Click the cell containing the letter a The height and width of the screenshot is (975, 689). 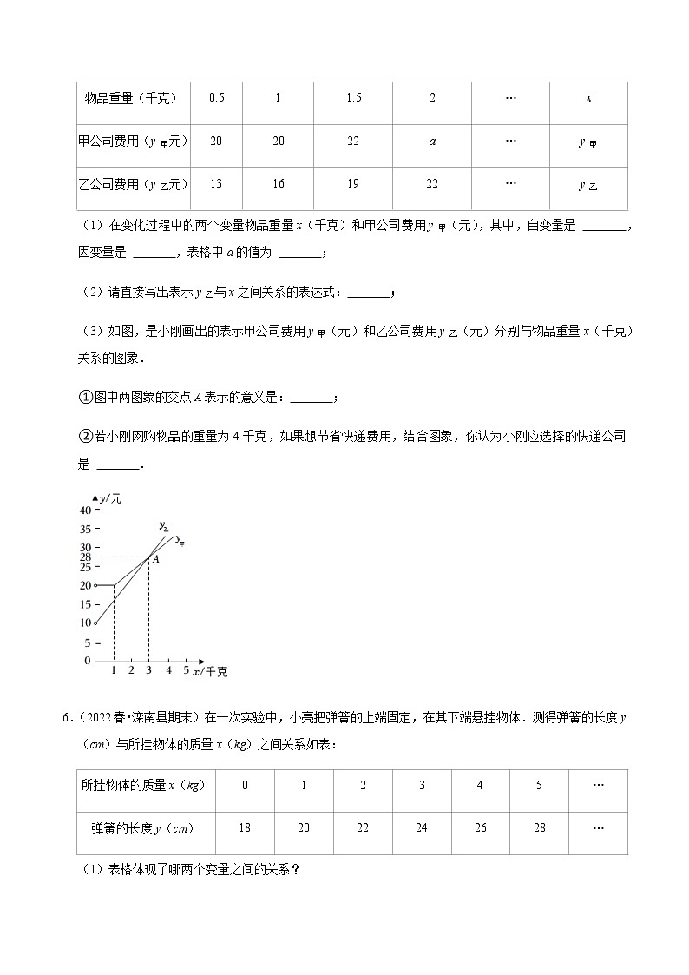point(432,142)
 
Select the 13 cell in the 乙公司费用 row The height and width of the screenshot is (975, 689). point(216,184)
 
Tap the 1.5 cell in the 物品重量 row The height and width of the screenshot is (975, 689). point(353,98)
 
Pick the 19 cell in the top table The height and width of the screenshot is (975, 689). point(353,184)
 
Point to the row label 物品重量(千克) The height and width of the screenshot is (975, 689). point(130,98)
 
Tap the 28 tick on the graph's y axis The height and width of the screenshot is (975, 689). point(85,557)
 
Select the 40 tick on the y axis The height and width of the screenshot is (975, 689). point(85,511)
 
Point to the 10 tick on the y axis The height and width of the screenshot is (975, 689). point(85,623)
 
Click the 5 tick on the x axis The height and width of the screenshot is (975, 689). point(186,671)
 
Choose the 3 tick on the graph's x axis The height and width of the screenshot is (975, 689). point(148,671)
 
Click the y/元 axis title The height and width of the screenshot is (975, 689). point(110,498)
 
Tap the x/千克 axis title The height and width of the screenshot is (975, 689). point(210,672)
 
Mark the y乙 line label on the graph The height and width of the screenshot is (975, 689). point(163,525)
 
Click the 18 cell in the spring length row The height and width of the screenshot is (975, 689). point(244,828)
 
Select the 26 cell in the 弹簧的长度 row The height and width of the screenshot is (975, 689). point(480,828)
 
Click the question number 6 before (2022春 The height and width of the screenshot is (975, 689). point(65,717)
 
